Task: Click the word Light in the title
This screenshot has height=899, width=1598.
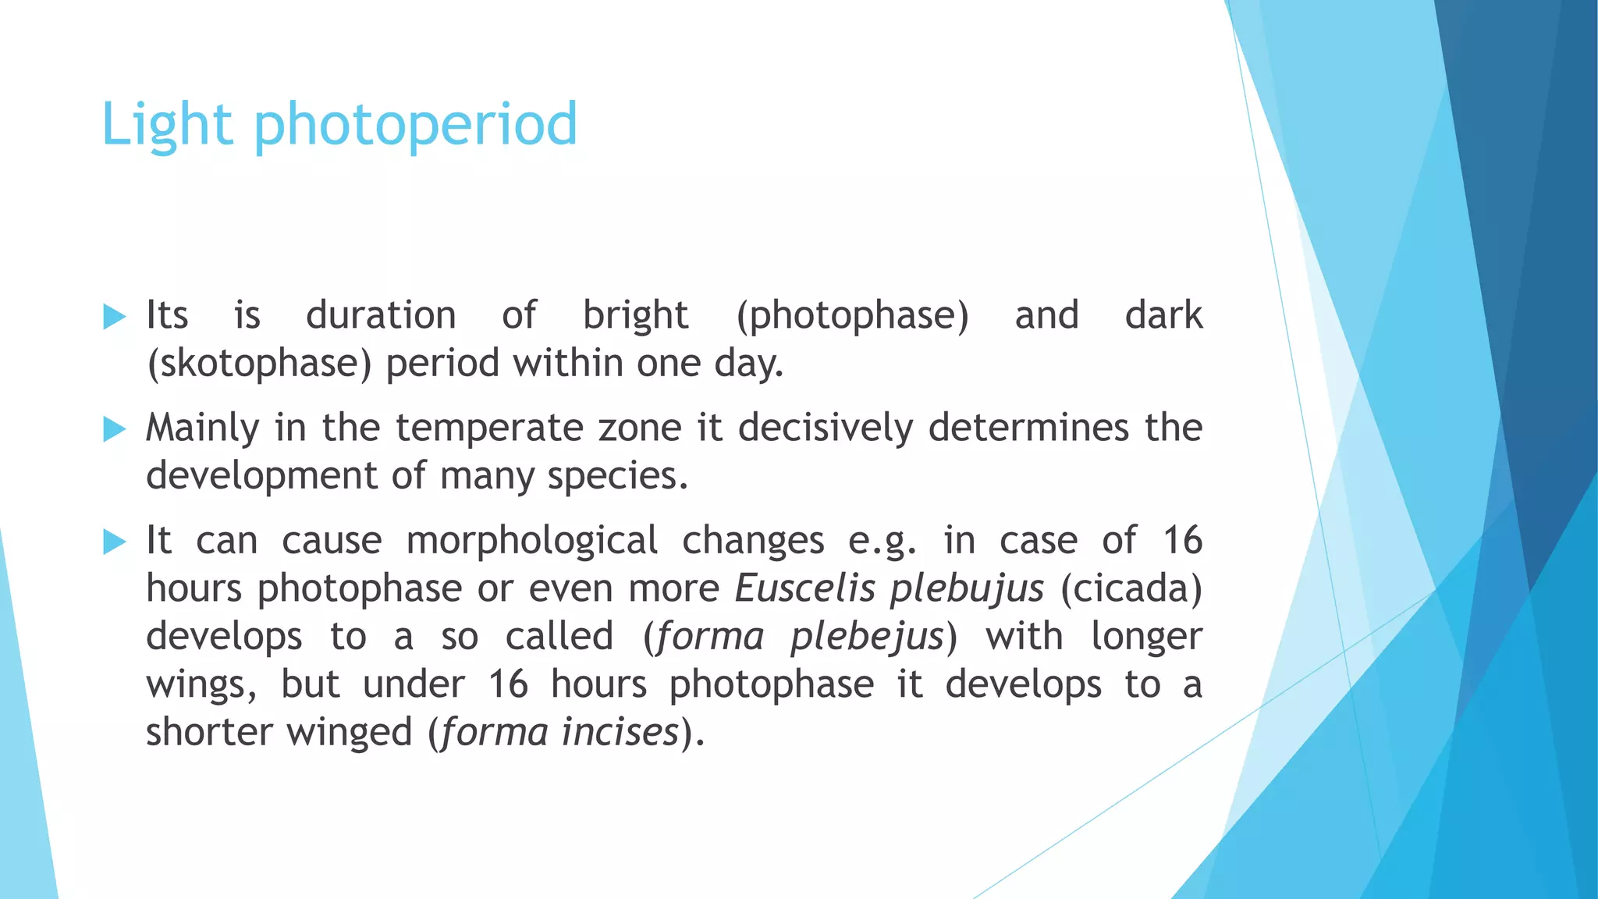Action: (166, 125)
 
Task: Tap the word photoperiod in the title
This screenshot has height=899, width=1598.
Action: (415, 125)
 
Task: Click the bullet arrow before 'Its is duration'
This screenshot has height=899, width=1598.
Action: (114, 317)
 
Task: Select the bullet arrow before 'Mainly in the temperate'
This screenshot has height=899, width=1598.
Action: (114, 429)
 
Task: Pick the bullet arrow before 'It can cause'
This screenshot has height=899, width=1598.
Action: (114, 542)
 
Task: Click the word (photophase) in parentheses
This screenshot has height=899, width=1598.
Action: (852, 316)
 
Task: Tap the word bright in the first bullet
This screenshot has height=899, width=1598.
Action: (636, 316)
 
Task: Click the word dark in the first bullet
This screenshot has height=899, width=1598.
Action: (1163, 316)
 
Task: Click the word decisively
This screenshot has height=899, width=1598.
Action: (826, 428)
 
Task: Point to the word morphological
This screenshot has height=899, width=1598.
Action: (532, 541)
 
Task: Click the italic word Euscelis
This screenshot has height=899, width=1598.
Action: (805, 588)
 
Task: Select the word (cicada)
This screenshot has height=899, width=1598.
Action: (1131, 589)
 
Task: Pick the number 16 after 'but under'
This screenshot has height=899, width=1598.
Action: (508, 684)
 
